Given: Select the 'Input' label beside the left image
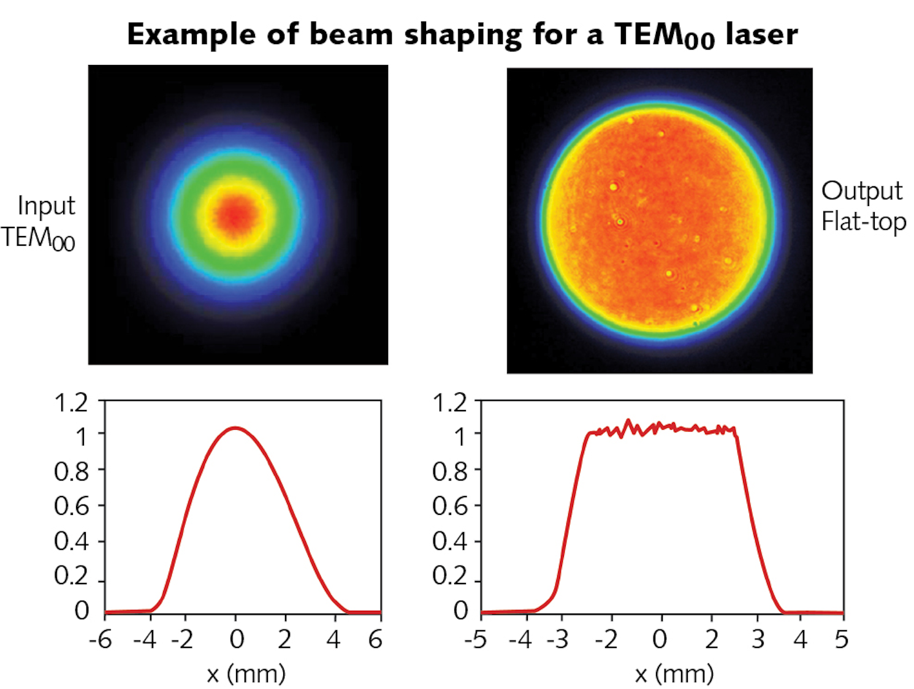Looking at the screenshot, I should click(47, 206).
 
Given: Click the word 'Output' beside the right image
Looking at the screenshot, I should click(862, 191).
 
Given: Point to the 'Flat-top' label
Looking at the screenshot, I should click(863, 221).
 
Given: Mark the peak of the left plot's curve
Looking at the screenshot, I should click(236, 428).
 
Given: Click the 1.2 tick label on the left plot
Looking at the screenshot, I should click(71, 403).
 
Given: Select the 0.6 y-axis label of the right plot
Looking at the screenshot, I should click(449, 506).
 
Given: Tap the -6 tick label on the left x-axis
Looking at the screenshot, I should click(101, 639).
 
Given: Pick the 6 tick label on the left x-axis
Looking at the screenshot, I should click(375, 639).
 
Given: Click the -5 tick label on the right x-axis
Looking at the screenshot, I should click(476, 639).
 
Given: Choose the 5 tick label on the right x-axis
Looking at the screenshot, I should click(841, 639).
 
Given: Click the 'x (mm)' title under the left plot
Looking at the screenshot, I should click(246, 674).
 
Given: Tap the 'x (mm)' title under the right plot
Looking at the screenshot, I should click(674, 674).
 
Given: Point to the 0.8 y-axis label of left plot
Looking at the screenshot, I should click(71, 471).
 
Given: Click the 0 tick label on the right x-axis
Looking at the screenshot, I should click(660, 639).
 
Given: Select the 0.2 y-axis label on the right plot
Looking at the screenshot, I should click(449, 576).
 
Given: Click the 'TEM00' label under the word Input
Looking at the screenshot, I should click(38, 238).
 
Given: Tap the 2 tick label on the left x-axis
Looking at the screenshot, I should click(284, 639).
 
